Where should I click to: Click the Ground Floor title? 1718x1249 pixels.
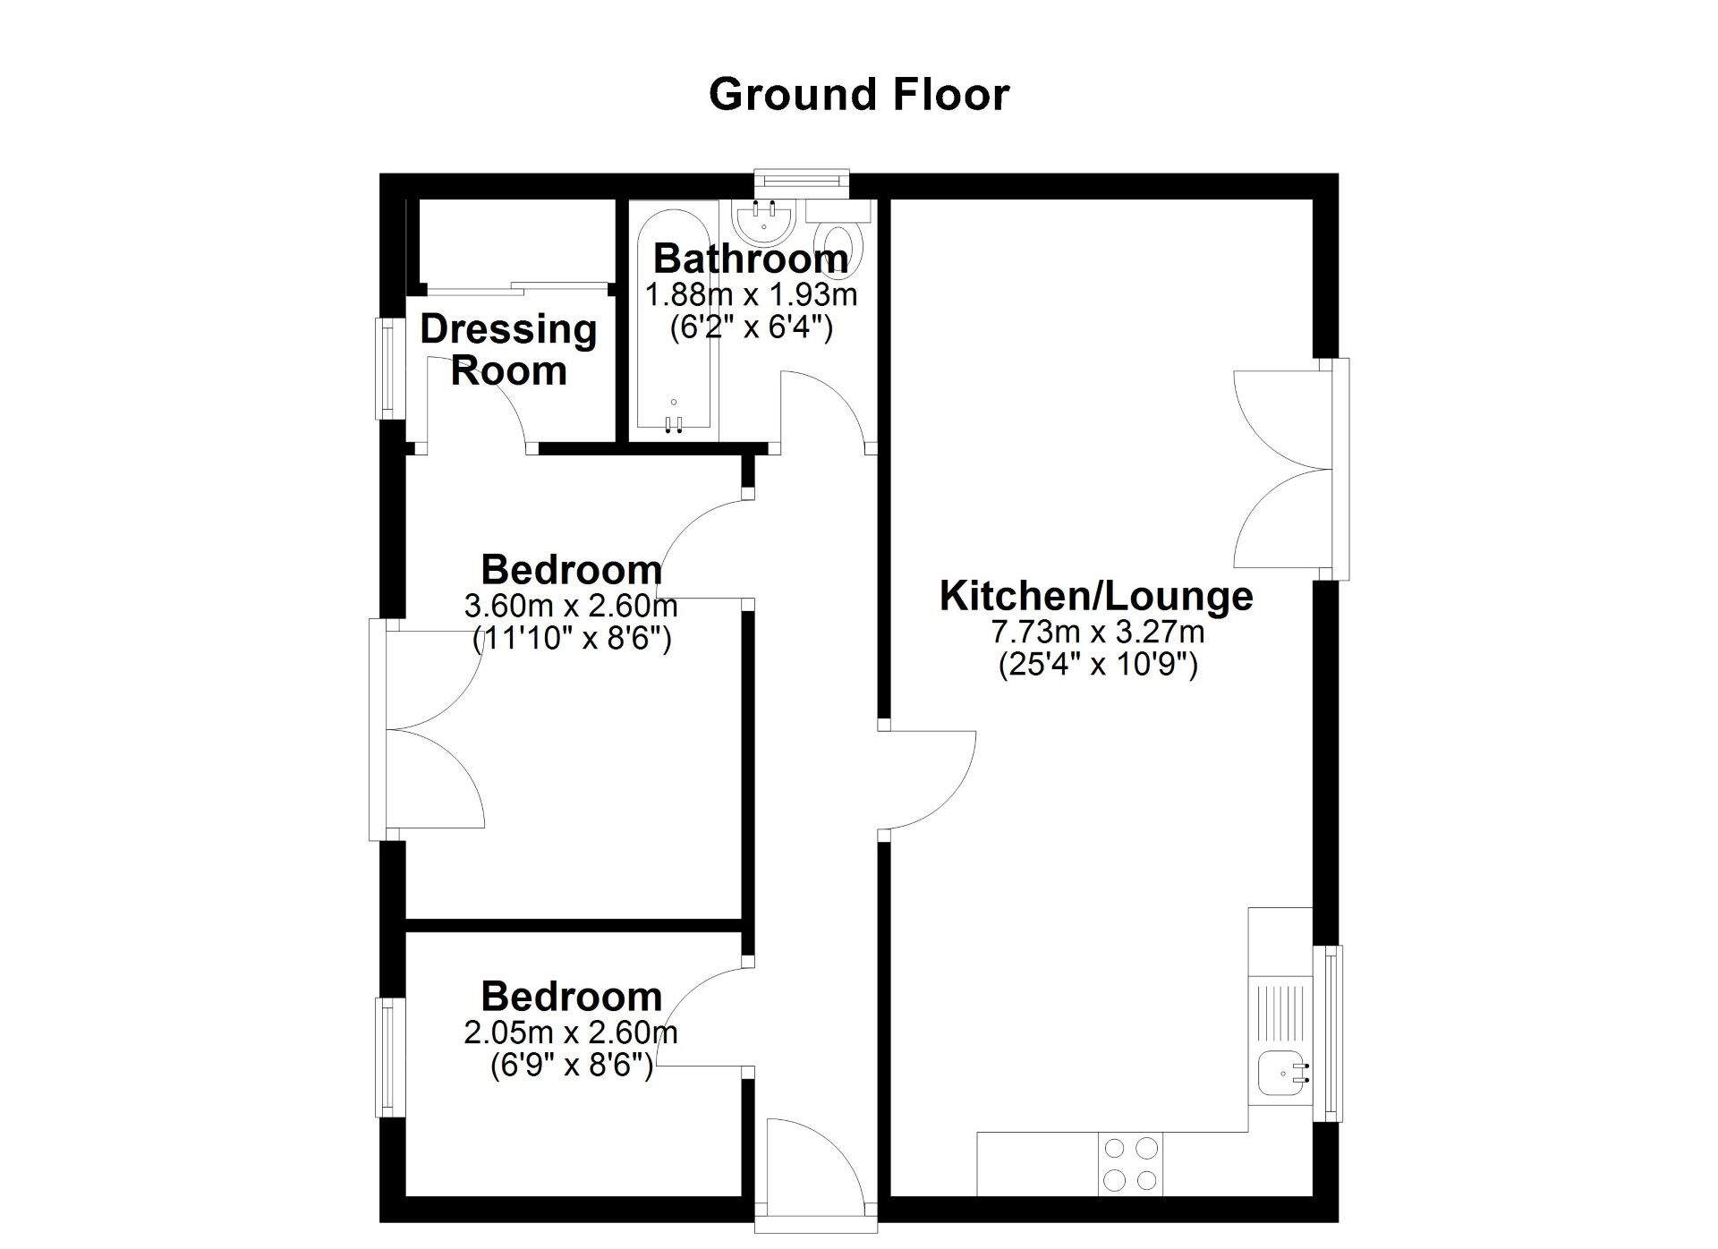pos(859,95)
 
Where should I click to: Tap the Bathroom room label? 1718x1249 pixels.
pos(751,259)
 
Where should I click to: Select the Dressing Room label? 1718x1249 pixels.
pos(508,350)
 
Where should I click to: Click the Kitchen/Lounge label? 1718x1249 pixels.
pos(1096,596)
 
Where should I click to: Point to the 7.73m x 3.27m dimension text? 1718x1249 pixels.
pos(1097,633)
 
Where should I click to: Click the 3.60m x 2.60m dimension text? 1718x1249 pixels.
pos(571,607)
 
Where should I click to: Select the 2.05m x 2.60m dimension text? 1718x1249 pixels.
pos(571,1033)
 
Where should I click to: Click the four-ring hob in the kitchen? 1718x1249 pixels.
pos(1130,1164)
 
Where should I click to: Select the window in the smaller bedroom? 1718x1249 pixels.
pos(388,1058)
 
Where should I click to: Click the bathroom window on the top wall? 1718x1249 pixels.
pos(801,183)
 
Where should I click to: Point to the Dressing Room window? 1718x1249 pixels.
pos(388,368)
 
